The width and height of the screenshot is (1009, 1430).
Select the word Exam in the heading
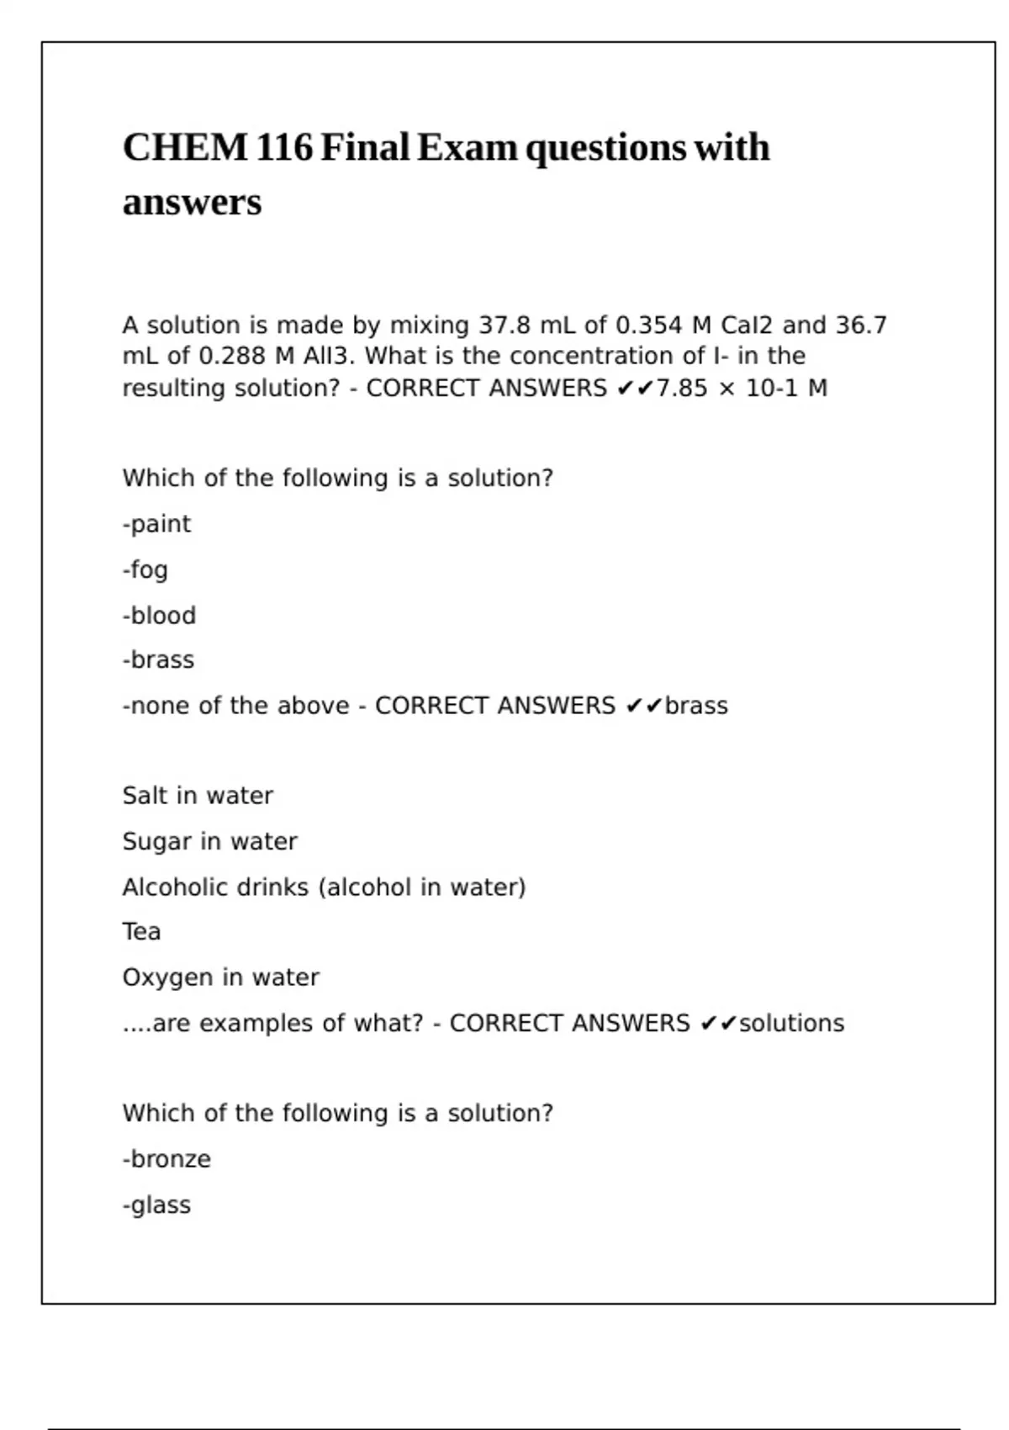click(468, 148)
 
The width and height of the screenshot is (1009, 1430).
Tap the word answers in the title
click(192, 203)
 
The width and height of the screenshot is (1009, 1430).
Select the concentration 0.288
click(233, 356)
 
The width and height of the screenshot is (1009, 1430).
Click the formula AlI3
click(329, 356)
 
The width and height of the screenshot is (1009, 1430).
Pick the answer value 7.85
click(682, 388)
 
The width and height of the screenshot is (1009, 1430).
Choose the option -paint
click(156, 524)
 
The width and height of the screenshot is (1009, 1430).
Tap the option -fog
click(145, 570)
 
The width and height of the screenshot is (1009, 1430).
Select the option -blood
click(159, 616)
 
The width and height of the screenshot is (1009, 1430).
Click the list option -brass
click(158, 660)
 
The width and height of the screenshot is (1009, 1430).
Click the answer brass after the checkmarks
click(696, 706)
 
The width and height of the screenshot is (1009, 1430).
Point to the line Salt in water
click(198, 796)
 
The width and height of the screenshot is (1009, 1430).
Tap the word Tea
click(141, 932)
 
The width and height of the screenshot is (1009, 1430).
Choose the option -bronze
click(166, 1159)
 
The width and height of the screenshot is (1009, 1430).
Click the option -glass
click(156, 1205)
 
